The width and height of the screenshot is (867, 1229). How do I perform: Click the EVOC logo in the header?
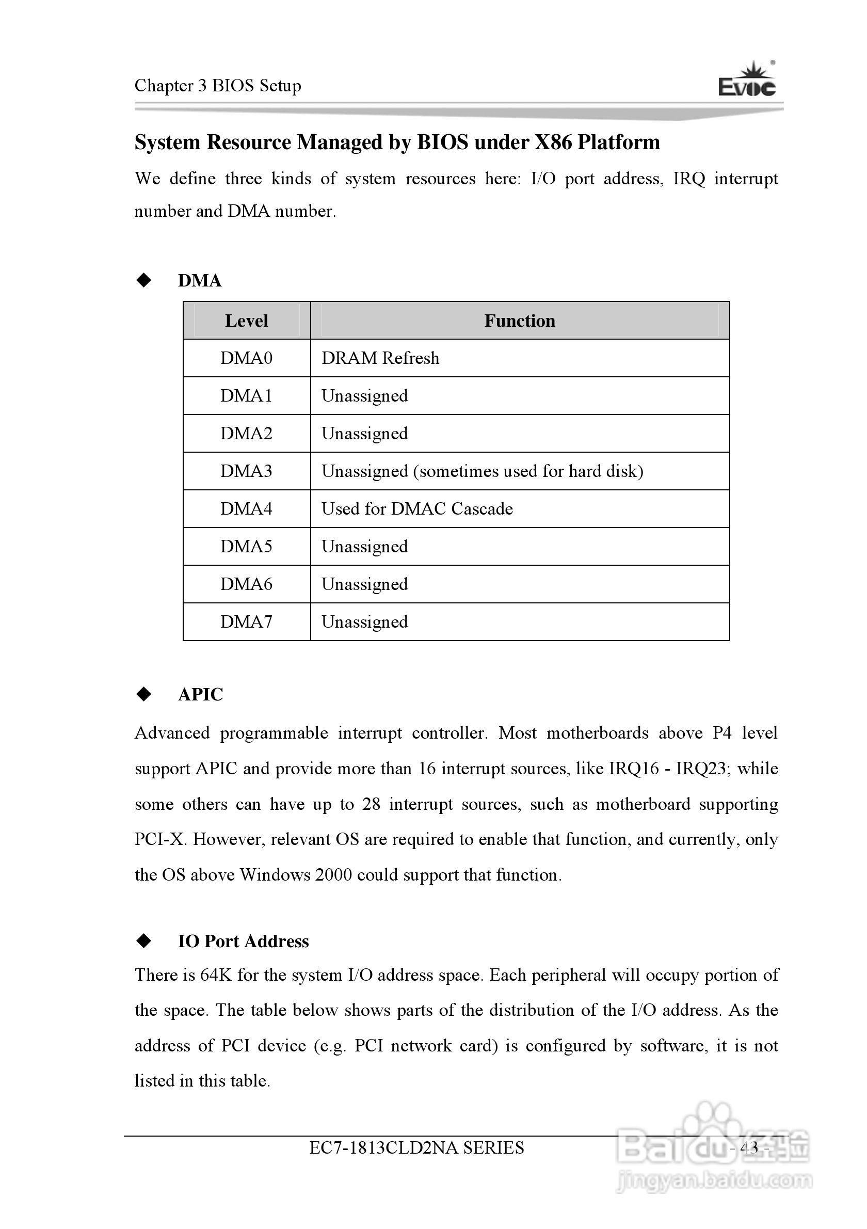point(747,81)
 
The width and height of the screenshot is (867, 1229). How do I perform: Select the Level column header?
point(246,321)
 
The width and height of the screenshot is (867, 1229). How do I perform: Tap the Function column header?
point(520,321)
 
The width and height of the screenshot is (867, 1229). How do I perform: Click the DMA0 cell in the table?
point(246,358)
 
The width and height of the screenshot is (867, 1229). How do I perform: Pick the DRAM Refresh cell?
point(380,358)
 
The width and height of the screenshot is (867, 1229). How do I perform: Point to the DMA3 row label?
point(246,471)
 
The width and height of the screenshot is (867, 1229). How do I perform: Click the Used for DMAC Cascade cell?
point(417,508)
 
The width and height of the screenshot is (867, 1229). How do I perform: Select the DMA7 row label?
point(246,622)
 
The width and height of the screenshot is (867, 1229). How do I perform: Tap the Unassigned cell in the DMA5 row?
point(364,547)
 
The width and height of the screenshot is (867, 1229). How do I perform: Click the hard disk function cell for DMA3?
point(482,471)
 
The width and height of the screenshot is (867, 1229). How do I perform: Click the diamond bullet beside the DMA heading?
point(144,280)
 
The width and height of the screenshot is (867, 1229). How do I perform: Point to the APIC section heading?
point(200,694)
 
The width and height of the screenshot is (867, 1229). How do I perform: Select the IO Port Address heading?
point(243,941)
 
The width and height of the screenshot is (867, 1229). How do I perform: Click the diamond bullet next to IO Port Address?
point(144,940)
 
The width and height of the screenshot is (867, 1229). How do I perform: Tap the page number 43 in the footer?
point(749,1147)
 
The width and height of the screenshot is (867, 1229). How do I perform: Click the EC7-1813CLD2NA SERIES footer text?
point(416,1147)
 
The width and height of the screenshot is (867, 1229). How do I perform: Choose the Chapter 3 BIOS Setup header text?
point(217,86)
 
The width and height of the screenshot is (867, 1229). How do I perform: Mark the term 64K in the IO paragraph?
point(216,975)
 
